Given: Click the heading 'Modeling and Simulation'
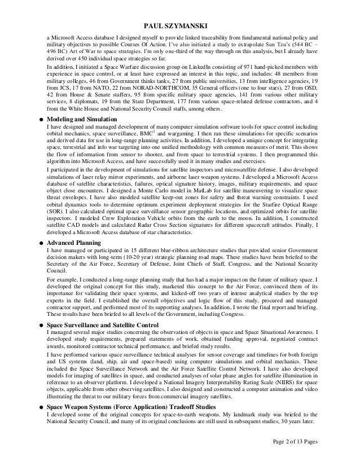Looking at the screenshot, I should click(x=82, y=120).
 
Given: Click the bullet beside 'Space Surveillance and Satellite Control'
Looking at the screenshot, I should click(x=42, y=326).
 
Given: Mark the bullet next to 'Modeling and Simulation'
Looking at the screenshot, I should click(x=42, y=121).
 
